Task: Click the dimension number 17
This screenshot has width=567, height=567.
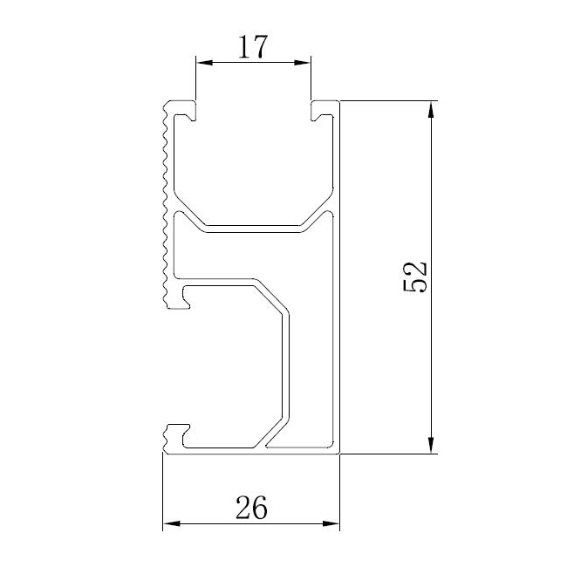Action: (252, 46)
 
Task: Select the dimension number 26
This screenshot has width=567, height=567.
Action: (249, 506)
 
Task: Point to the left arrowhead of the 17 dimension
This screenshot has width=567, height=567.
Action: (202, 62)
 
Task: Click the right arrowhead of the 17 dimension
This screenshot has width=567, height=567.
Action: (305, 62)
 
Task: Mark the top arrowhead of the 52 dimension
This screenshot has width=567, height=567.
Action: (431, 108)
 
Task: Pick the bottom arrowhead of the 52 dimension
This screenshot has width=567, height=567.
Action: (431, 447)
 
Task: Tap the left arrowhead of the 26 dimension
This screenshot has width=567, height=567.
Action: (170, 523)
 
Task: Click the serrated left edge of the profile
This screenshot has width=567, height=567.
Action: (163, 201)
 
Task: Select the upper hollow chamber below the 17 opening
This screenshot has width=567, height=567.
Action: (253, 166)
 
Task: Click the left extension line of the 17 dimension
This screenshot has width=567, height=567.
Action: (195, 79)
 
